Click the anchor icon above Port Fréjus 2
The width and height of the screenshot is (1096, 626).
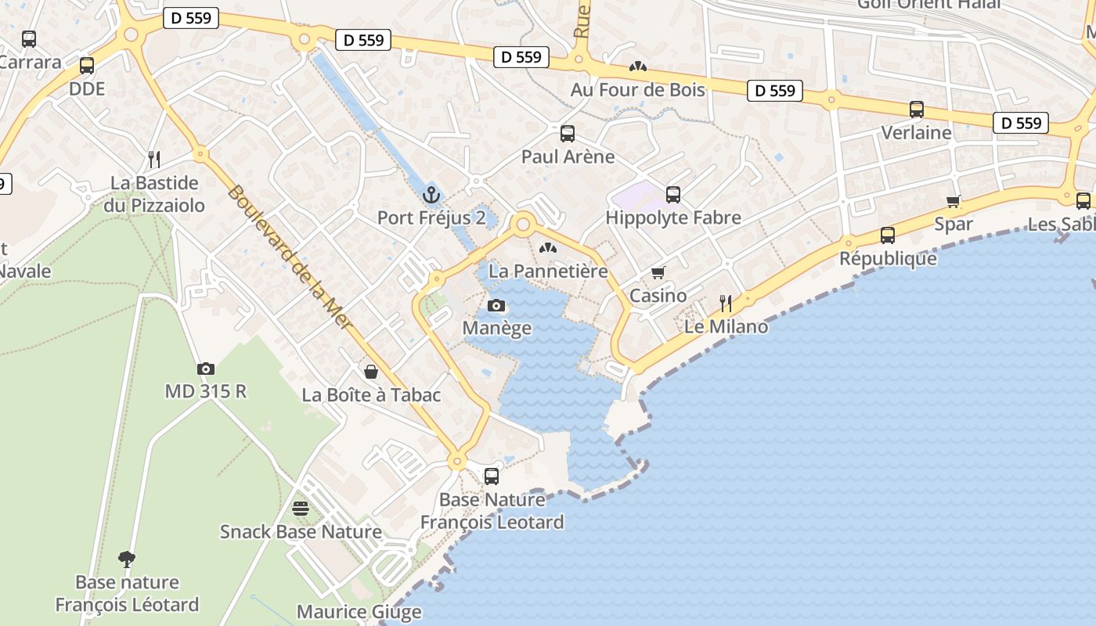click(x=431, y=195)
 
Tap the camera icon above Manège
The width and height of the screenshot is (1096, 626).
click(x=496, y=306)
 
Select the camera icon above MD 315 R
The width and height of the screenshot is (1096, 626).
click(x=205, y=369)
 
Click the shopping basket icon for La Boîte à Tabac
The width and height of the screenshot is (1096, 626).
click(x=371, y=372)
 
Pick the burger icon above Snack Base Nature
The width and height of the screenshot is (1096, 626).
click(x=300, y=509)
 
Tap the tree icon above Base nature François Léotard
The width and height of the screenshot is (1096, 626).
click(x=127, y=559)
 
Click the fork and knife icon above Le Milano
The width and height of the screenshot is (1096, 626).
click(x=726, y=304)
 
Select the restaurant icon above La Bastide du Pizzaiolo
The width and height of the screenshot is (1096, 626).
click(x=154, y=160)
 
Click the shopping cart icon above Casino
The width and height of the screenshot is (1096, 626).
click(x=658, y=272)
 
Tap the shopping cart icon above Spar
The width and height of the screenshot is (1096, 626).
click(x=954, y=201)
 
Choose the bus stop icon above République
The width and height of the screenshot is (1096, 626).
click(x=888, y=236)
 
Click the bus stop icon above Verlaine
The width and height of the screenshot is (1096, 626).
click(x=917, y=110)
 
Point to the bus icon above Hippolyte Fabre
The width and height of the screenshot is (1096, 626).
click(x=673, y=195)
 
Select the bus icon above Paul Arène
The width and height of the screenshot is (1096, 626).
click(x=568, y=134)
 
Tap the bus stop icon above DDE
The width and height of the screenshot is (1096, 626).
click(x=87, y=66)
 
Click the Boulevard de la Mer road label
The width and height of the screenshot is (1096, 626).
click(x=289, y=257)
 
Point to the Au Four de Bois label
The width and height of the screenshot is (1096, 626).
click(x=637, y=90)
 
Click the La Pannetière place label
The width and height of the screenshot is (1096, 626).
click(x=548, y=272)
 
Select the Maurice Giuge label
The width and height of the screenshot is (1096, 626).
click(x=359, y=612)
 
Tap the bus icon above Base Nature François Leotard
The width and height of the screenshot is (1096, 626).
click(x=492, y=476)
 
